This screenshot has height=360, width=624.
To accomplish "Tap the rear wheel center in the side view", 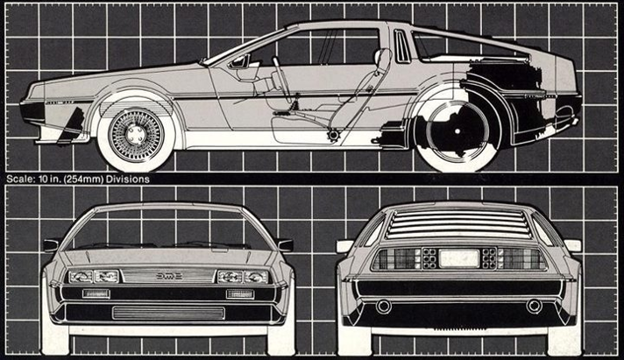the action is [457, 131].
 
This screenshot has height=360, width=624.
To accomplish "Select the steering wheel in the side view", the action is [280, 74].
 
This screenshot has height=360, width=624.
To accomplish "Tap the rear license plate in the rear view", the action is [459, 258].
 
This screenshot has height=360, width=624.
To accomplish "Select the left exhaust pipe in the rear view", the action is [384, 307].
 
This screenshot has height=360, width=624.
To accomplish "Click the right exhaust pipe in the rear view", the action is [534, 306].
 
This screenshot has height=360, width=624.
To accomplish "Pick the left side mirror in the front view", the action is [52, 244].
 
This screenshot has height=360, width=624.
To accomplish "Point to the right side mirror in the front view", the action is [284, 244].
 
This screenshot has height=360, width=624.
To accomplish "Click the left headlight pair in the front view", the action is [94, 276].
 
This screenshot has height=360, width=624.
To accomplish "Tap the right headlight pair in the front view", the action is [243, 277].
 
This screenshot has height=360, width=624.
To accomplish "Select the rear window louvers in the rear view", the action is [455, 224].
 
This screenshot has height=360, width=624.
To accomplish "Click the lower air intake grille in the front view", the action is [168, 313].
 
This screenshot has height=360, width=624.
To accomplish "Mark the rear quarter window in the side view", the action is [403, 46].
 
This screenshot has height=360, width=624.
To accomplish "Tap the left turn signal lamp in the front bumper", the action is [96, 294].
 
